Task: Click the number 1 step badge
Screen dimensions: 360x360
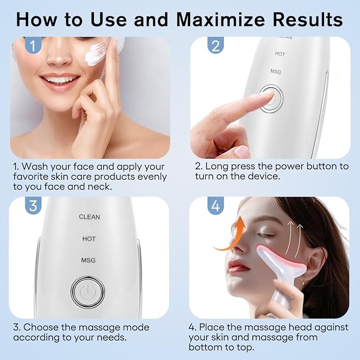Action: tap(33, 46)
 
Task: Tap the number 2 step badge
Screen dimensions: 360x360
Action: tap(215, 46)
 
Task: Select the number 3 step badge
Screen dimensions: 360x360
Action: tap(33, 206)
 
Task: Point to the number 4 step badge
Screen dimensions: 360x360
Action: tap(215, 206)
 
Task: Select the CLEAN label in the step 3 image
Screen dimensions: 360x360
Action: tap(89, 217)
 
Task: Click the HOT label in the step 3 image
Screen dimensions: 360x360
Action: tap(89, 239)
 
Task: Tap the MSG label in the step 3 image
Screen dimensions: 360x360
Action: tap(89, 260)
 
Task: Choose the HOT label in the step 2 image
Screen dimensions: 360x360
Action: tap(280, 54)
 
